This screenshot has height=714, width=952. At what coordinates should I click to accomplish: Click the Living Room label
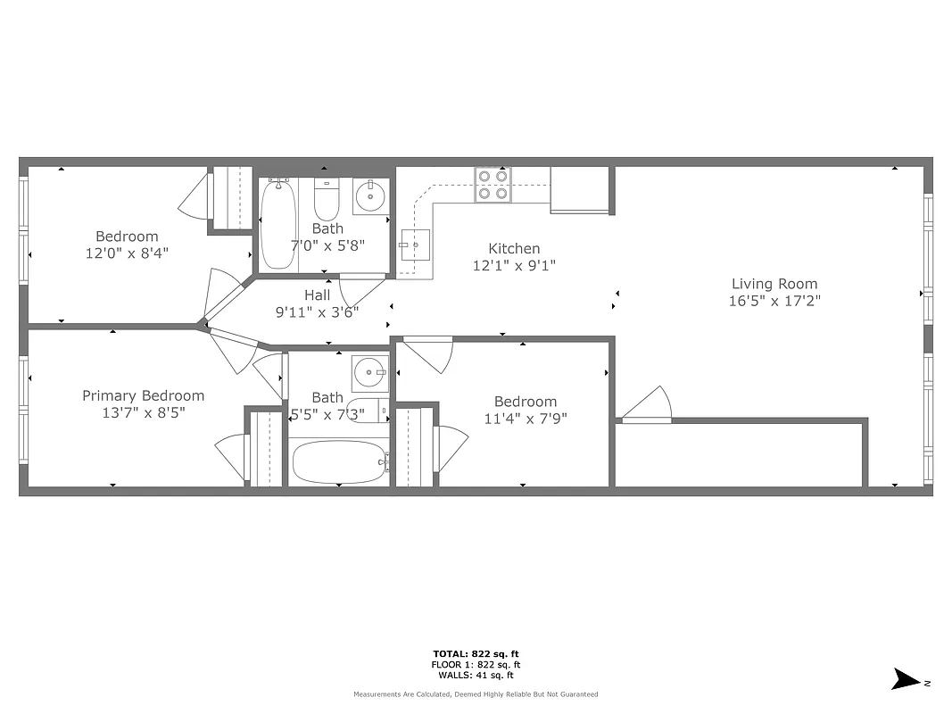774,284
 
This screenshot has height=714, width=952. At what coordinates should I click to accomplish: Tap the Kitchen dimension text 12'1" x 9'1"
514,265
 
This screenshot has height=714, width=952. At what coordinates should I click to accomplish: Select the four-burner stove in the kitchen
493,184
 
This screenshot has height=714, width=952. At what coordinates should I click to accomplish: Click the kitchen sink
415,244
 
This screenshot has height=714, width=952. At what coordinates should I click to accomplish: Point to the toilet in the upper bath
327,200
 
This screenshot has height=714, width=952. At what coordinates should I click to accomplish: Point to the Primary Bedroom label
143,395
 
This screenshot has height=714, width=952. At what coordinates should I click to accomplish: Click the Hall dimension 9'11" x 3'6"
317,311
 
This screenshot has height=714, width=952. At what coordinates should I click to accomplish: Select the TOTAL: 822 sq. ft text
476,653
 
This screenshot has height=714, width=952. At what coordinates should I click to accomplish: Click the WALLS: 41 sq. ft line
476,675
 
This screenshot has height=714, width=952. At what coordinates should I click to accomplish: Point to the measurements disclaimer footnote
476,694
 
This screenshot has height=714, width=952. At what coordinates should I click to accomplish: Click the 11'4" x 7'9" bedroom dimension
526,418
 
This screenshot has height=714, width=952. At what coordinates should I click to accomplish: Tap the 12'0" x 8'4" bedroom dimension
127,253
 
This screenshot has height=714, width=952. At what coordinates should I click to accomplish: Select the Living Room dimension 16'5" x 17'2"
774,301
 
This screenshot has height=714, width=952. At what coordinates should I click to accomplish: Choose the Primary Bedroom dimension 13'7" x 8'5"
143,412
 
